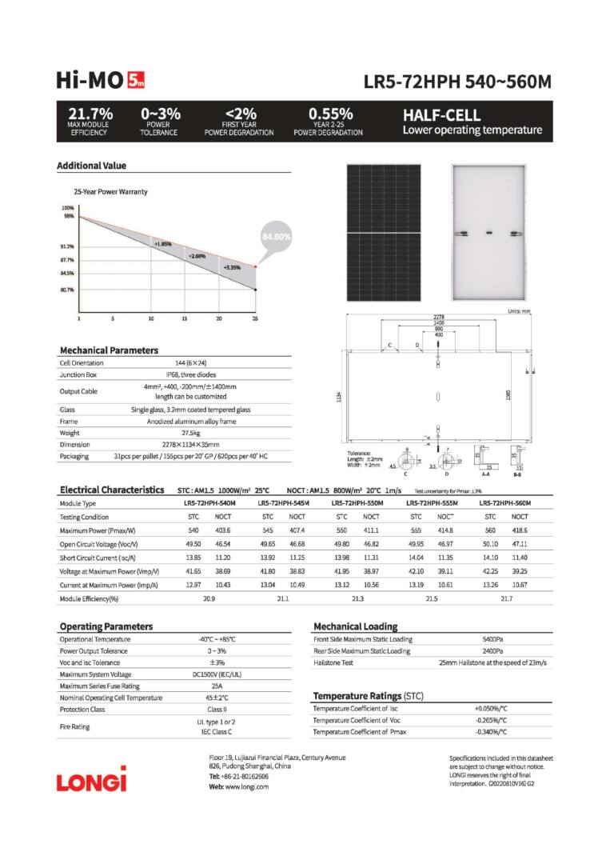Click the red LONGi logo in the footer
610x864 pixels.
91,778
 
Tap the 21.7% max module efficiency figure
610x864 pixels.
90,114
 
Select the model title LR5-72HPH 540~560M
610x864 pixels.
457,82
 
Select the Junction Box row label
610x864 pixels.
78,374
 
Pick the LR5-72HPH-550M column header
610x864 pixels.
357,502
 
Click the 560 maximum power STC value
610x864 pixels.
490,530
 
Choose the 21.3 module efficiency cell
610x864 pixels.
357,598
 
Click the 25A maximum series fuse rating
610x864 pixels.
217,686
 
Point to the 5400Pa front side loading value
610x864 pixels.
492,639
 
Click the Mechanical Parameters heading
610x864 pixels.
109,350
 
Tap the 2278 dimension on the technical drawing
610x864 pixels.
438,317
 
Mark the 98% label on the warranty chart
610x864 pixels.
69,216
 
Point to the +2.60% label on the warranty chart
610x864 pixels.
197,255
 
